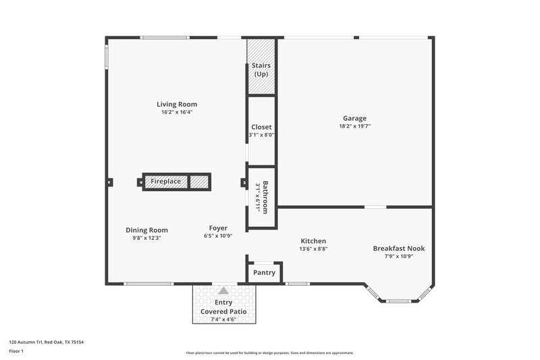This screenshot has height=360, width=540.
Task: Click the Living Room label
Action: tap(177, 104)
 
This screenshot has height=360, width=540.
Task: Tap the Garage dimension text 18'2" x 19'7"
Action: tap(355, 126)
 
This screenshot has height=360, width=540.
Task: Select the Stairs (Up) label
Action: tap(261, 69)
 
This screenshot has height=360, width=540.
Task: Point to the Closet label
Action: tap(261, 127)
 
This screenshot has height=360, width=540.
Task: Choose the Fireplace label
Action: tap(165, 182)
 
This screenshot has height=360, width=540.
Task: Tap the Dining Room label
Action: tap(146, 230)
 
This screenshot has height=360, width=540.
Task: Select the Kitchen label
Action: tap(313, 240)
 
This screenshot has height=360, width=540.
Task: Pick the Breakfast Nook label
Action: tap(399, 248)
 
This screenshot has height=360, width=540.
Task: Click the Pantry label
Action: tap(264, 273)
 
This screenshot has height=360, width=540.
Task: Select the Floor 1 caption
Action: tap(17, 351)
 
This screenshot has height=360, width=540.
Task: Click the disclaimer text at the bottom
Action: tap(269, 353)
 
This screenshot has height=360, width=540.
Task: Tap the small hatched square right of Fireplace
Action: tap(198, 182)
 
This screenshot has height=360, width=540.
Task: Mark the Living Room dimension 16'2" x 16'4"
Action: tap(177, 112)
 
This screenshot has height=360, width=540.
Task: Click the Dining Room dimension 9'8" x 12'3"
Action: tap(146, 238)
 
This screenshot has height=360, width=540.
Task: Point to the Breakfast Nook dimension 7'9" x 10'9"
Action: tap(399, 256)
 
